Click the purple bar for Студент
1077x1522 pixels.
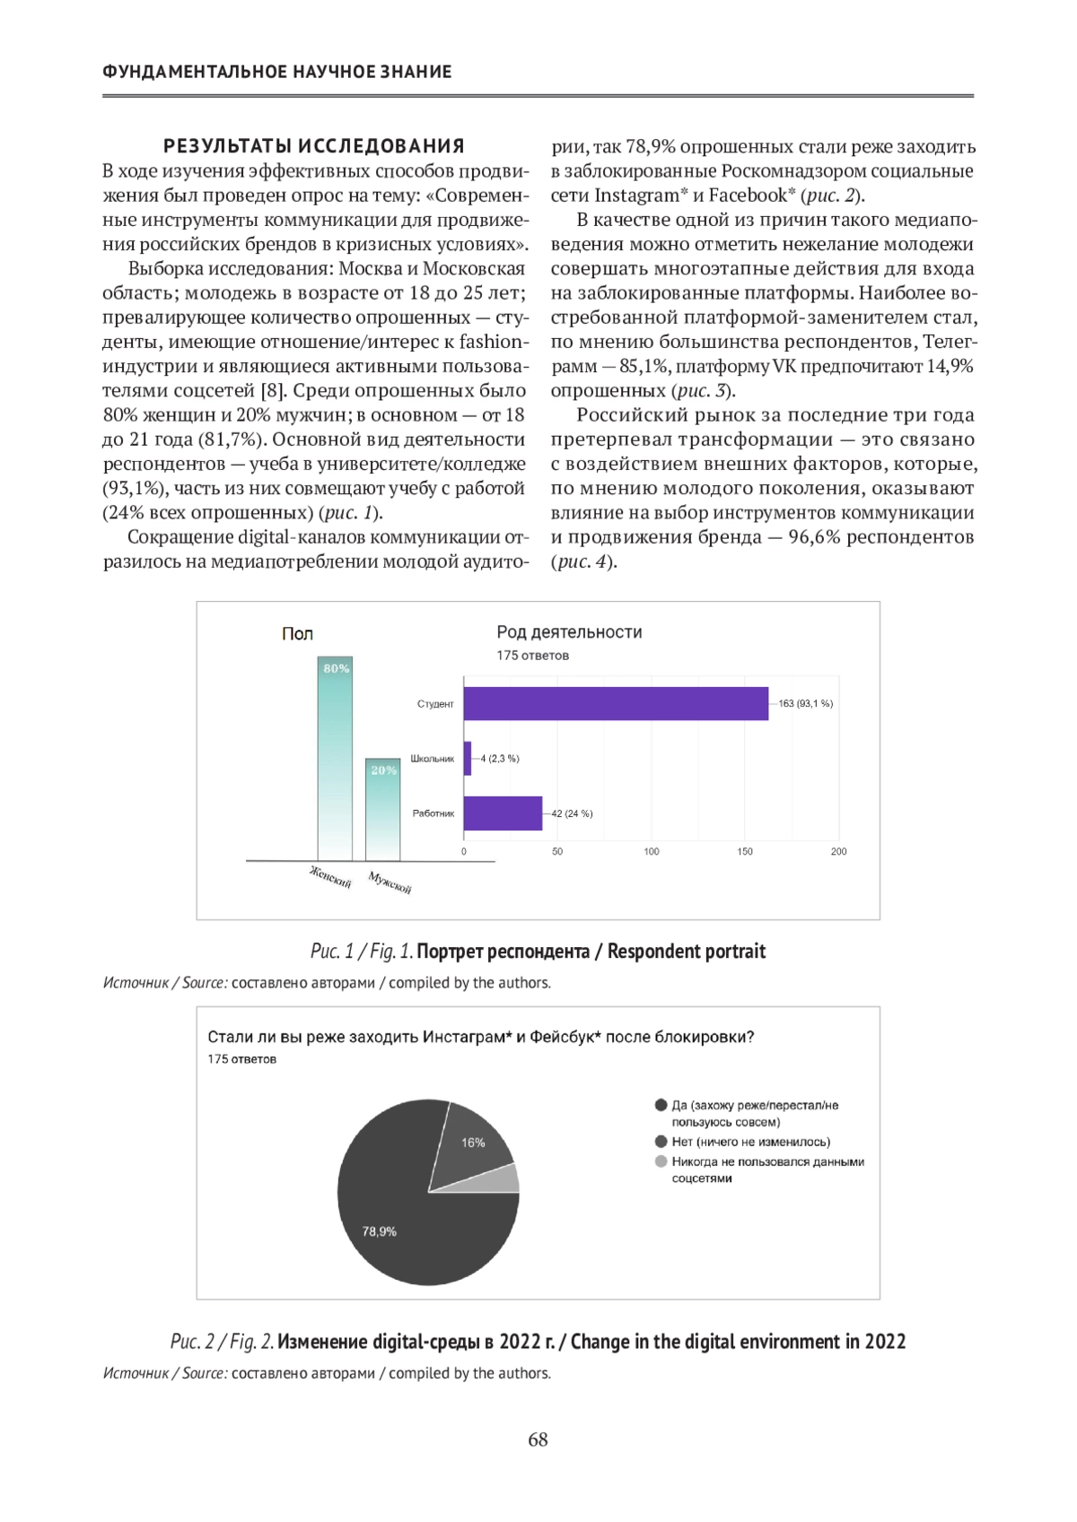[616, 703]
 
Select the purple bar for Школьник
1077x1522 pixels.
[468, 759]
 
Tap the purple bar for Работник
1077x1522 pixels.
[503, 813]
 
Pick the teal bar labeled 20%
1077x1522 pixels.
[383, 812]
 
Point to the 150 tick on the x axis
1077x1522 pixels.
[745, 851]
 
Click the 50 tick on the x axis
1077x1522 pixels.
[557, 851]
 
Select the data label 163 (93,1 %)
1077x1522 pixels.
[805, 703]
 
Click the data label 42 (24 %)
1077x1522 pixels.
[572, 813]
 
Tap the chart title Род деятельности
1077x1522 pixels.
[569, 632]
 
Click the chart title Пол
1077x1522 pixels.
[297, 634]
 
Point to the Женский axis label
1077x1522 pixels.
[330, 876]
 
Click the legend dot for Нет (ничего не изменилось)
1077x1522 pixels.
[661, 1142]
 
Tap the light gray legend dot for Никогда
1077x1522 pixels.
[661, 1161]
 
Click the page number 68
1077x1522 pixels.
[538, 1439]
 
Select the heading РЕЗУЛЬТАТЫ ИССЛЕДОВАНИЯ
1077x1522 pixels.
[313, 146]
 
